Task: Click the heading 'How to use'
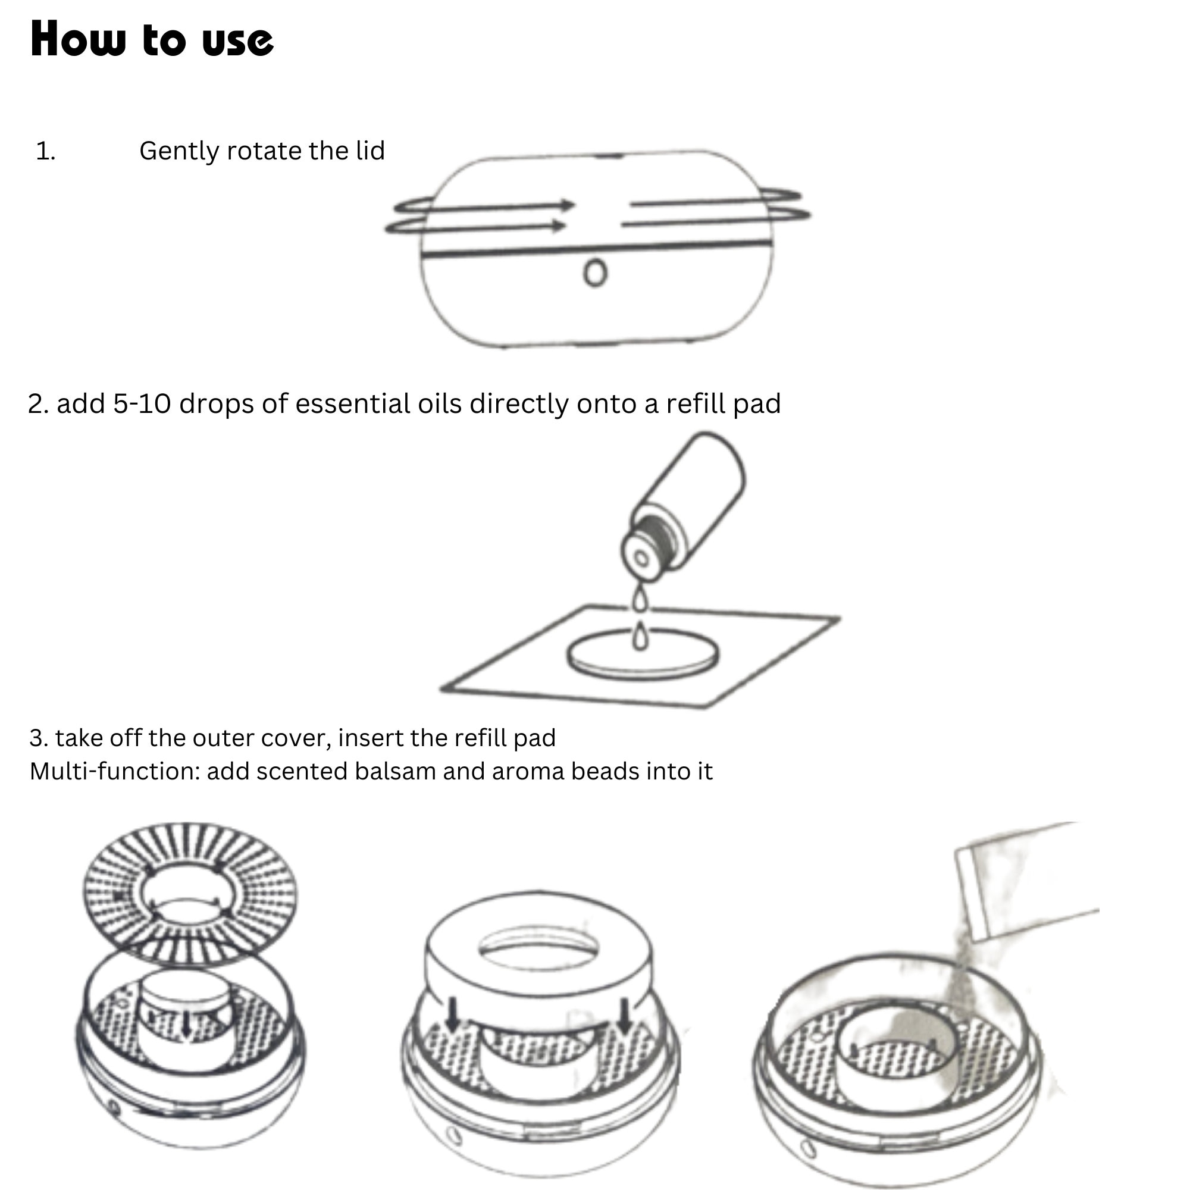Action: coord(152,39)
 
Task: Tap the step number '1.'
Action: coord(46,151)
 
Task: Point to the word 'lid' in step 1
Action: coord(370,151)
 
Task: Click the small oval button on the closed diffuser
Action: coord(595,273)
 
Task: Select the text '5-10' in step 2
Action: coord(142,404)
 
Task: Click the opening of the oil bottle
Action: coord(641,559)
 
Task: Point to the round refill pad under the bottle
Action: coord(643,654)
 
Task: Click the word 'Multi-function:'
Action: coord(115,771)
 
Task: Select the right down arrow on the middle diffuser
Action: coord(625,1016)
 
